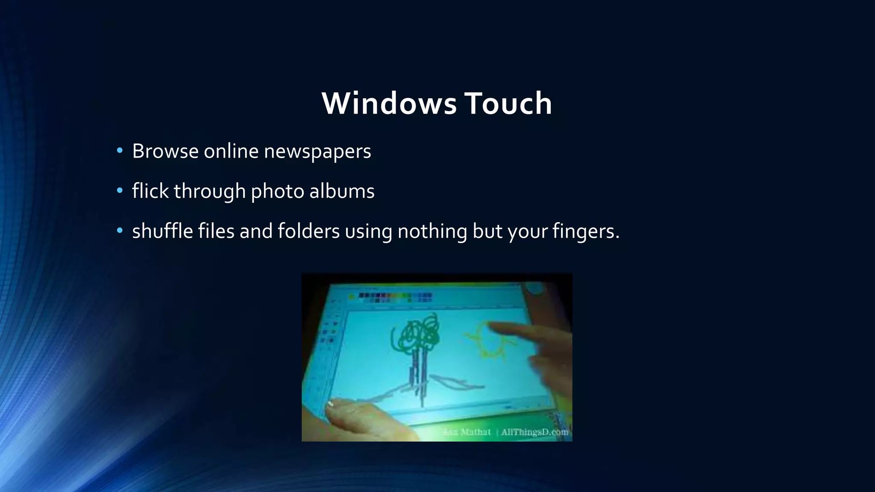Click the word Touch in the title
(508, 104)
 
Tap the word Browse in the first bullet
(165, 151)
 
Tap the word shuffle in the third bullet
(162, 231)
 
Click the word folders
(308, 231)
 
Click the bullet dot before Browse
(120, 150)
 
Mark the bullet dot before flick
(120, 190)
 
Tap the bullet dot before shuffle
(120, 231)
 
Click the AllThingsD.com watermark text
(534, 432)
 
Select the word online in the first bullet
(231, 151)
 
